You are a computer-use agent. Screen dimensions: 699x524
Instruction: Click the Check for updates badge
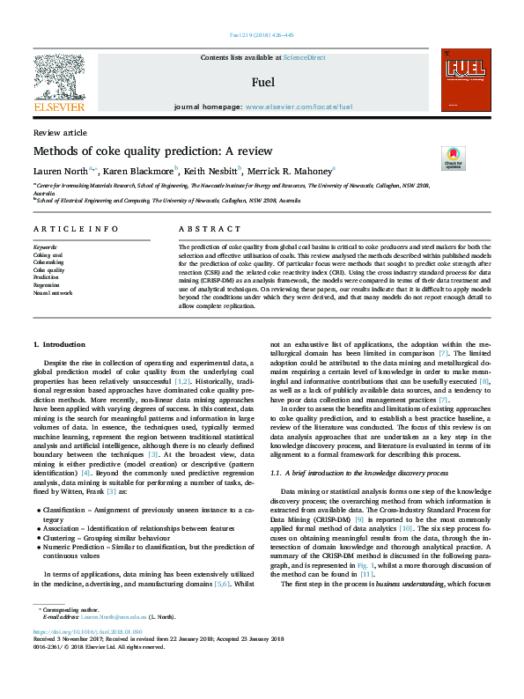[x=428, y=158]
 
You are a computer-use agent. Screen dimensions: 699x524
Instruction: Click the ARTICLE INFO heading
[x=76, y=229]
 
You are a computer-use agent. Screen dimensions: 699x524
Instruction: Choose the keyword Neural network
[x=53, y=291]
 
